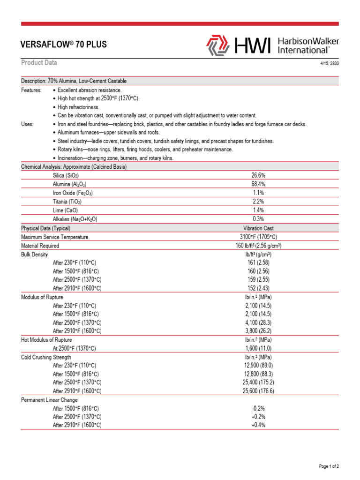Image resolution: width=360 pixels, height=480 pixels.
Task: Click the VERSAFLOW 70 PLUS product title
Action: click(x=64, y=45)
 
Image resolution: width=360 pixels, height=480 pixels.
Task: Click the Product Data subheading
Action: click(x=39, y=63)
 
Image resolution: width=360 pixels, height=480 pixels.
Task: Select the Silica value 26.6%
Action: click(x=258, y=175)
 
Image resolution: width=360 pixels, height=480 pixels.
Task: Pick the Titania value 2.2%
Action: click(x=258, y=202)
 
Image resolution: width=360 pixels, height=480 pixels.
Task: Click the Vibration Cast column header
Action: click(x=258, y=228)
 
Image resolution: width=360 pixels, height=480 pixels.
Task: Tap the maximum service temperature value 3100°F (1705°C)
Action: click(x=258, y=237)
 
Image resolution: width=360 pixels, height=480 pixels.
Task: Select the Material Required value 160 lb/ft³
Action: click(x=258, y=246)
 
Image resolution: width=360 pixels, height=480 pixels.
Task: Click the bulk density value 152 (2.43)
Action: click(x=258, y=288)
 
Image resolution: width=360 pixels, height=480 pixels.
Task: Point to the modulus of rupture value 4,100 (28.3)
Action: click(x=258, y=322)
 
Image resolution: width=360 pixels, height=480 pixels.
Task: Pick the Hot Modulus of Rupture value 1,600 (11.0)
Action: click(x=258, y=348)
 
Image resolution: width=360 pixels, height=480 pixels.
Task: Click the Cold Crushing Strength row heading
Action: click(x=46, y=357)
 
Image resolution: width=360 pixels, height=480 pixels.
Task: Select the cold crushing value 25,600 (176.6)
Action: click(x=258, y=391)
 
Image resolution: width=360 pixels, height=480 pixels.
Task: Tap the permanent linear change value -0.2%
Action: click(x=258, y=408)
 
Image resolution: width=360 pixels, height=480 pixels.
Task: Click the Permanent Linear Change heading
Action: click(x=49, y=400)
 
